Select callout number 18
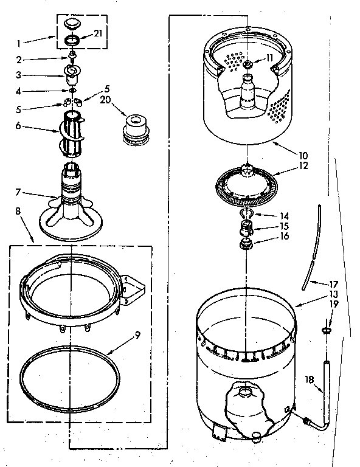309,380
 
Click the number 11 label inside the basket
269,58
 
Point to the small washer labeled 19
326,330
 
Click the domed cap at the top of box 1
72,24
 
